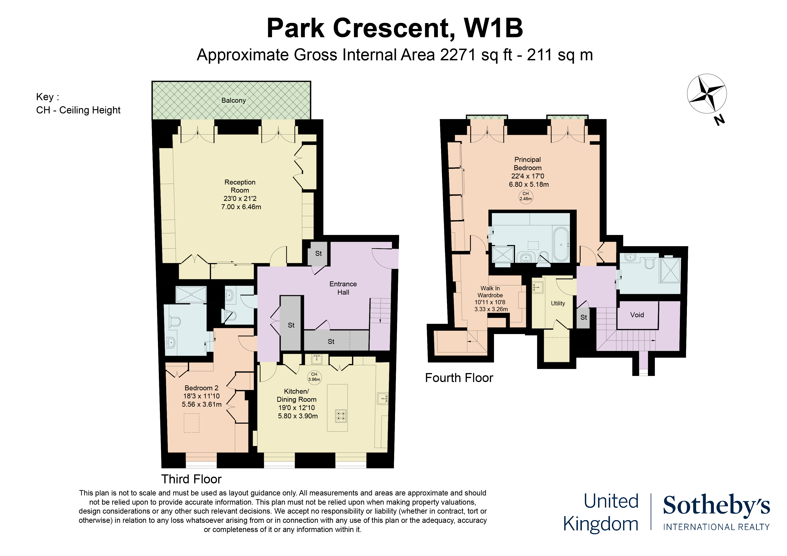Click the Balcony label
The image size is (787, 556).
[233, 100]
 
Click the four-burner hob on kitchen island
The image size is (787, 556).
[341, 416]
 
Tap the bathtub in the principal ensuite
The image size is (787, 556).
[561, 244]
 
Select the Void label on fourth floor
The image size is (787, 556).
[637, 315]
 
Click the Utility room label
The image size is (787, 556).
[558, 303]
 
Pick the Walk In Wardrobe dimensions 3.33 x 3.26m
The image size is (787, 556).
[491, 309]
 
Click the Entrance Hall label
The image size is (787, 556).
[343, 288]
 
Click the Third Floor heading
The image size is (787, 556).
[191, 479]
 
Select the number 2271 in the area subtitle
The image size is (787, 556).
[458, 55]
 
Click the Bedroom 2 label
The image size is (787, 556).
[201, 388]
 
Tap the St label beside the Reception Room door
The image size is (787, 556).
[318, 254]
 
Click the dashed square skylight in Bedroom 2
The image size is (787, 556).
[191, 423]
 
